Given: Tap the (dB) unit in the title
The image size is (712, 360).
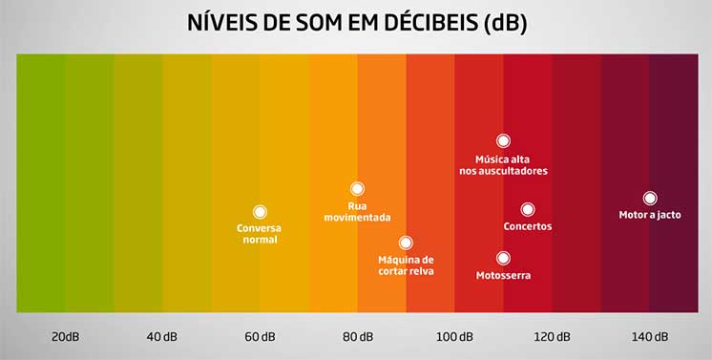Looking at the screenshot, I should [505, 23].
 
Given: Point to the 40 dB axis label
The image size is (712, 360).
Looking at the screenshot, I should [162, 336].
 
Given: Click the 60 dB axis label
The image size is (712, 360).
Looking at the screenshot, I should [260, 336].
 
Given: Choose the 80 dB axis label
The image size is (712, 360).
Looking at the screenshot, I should [357, 336].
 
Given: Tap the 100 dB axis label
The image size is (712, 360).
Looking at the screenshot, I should [454, 336].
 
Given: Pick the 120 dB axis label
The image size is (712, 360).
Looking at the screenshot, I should [552, 336].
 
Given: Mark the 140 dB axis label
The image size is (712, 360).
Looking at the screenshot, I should [649, 336].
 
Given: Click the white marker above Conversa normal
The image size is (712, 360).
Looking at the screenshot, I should [260, 212].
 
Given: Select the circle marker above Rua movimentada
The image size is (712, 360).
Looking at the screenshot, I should [357, 189].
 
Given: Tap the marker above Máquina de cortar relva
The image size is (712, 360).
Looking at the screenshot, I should [406, 243].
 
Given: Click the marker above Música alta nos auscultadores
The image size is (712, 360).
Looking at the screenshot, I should [503, 140].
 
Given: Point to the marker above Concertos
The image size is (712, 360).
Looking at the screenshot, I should [528, 209].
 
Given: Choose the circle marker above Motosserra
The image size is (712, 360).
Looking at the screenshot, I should [503, 258].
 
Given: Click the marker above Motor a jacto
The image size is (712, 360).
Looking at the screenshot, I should [650, 198].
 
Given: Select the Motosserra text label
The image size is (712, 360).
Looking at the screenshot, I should [503, 275].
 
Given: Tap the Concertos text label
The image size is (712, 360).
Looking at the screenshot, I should [528, 226].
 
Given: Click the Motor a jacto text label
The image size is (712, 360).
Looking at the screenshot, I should [650, 215].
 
